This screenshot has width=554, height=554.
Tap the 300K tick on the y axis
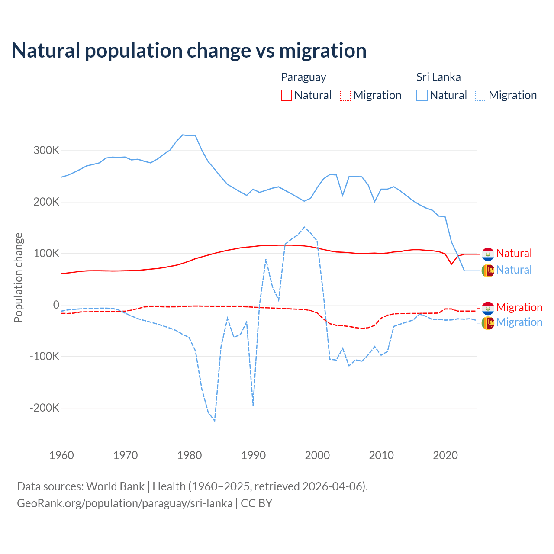tap(46, 151)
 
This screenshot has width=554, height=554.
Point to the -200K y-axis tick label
tap(45, 408)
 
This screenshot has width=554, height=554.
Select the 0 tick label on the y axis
tap(56, 305)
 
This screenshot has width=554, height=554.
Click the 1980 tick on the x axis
tap(190, 455)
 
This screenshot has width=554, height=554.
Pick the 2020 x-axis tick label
tap(445, 455)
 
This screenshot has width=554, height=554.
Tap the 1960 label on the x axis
tap(62, 455)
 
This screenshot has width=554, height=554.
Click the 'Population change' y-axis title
tap(18, 278)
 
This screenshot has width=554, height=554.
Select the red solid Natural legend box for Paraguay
tap(287, 95)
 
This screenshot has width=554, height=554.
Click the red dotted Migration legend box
tap(345, 95)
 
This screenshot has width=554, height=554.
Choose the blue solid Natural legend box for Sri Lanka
tap(422, 95)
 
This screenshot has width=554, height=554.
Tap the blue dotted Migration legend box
tap(481, 95)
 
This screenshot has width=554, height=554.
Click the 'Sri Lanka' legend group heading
tap(438, 77)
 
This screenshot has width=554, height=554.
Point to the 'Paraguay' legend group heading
tap(303, 77)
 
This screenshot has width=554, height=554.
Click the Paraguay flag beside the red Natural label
tap(488, 254)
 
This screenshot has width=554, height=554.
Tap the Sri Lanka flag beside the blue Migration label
tap(488, 323)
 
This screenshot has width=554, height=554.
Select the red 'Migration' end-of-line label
tap(519, 307)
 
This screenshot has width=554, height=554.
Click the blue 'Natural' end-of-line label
tap(514, 270)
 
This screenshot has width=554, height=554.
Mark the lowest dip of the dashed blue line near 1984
tap(215, 421)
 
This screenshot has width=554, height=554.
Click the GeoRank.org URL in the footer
tap(125, 503)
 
